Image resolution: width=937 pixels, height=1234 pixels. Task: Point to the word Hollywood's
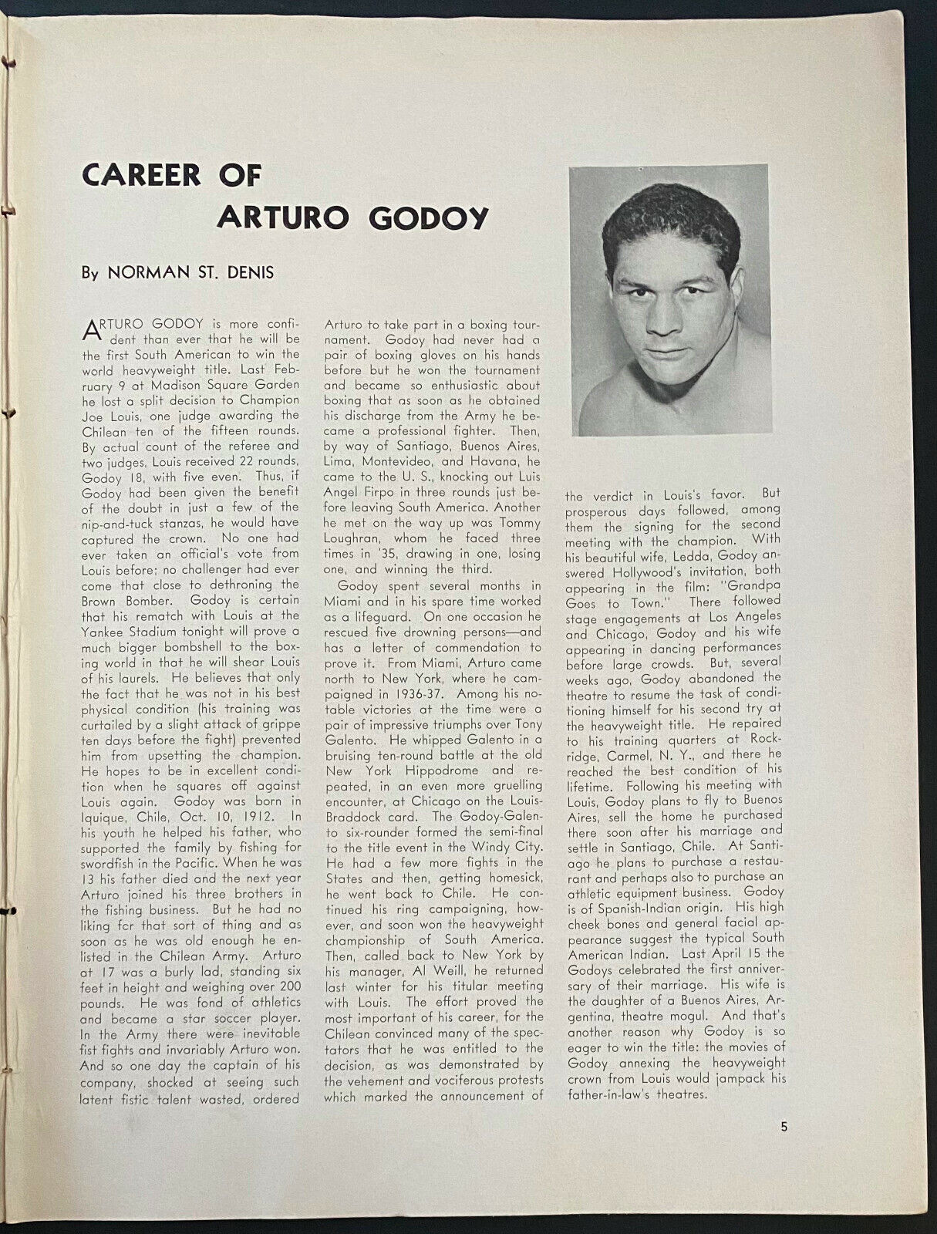point(648,571)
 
